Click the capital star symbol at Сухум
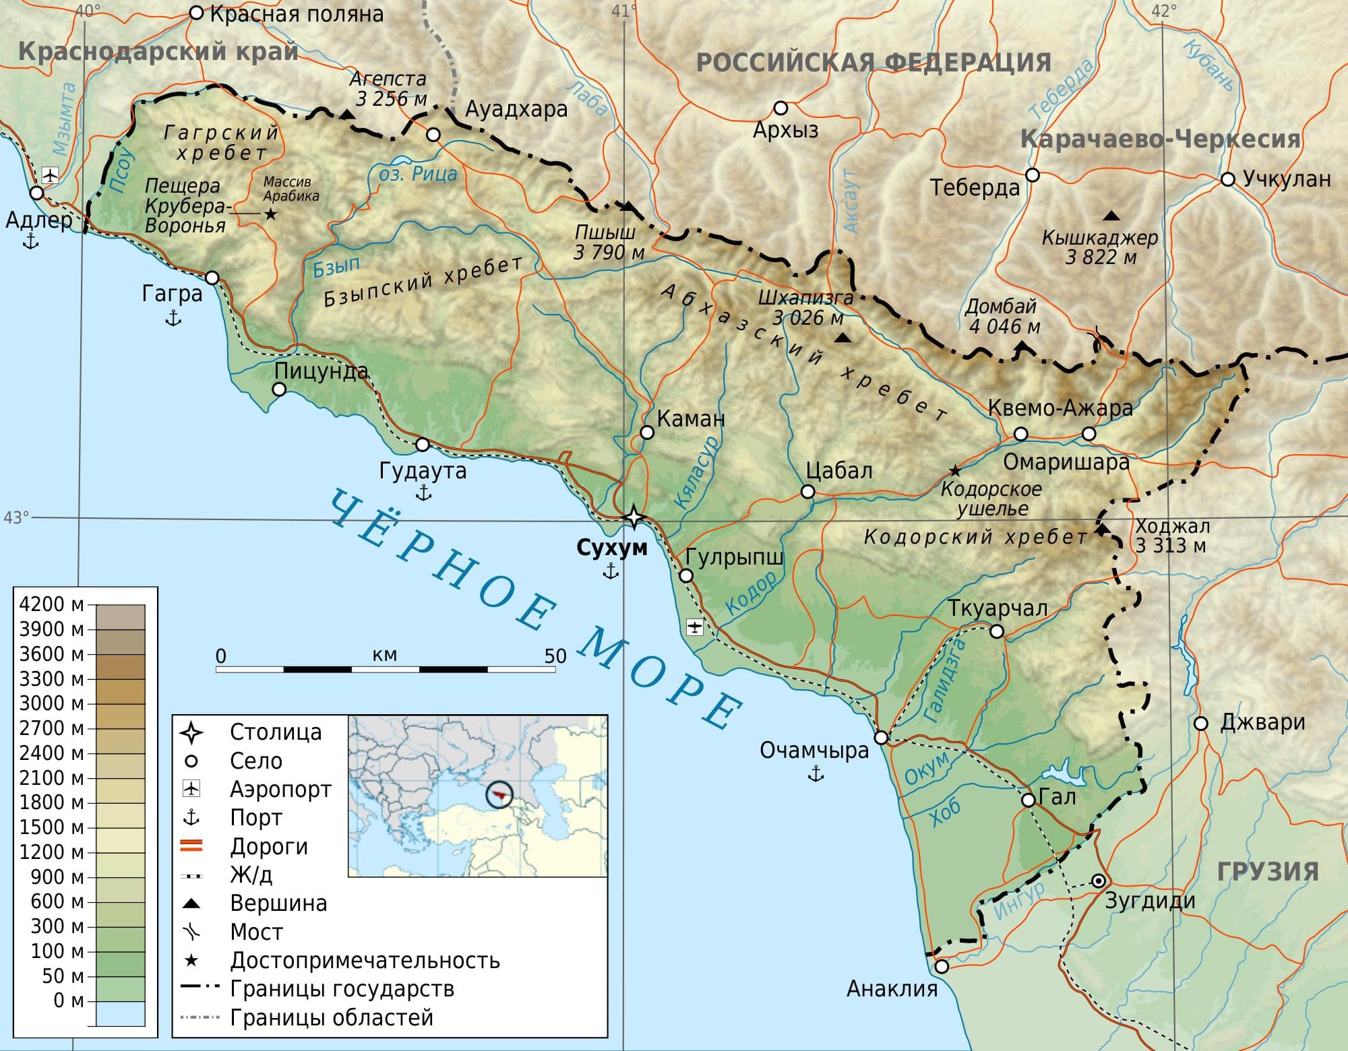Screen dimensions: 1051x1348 click(x=634, y=517)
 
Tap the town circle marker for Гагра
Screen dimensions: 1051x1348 click(x=212, y=278)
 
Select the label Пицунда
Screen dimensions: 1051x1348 click(x=321, y=371)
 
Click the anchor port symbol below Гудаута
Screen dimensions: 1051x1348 click(x=423, y=493)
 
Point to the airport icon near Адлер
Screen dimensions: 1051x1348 click(x=50, y=176)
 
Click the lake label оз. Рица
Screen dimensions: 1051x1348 click(x=418, y=174)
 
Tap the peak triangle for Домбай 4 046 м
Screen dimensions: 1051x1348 click(x=1022, y=346)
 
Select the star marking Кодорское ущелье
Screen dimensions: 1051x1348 click(x=954, y=470)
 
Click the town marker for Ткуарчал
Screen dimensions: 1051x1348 click(x=996, y=631)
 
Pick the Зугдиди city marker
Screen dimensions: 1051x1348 click(x=1098, y=881)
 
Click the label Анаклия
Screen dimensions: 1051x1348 click(x=892, y=989)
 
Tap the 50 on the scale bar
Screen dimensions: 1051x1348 click(x=555, y=656)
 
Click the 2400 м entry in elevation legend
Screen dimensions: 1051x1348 click(x=51, y=753)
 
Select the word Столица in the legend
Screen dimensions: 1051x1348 click(x=276, y=732)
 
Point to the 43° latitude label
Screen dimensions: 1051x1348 click(x=16, y=517)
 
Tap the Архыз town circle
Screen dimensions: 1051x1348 click(x=780, y=108)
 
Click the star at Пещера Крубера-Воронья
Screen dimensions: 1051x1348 click(x=270, y=214)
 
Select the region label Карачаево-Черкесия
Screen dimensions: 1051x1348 click(x=1159, y=139)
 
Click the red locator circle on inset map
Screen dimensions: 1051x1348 click(x=499, y=796)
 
